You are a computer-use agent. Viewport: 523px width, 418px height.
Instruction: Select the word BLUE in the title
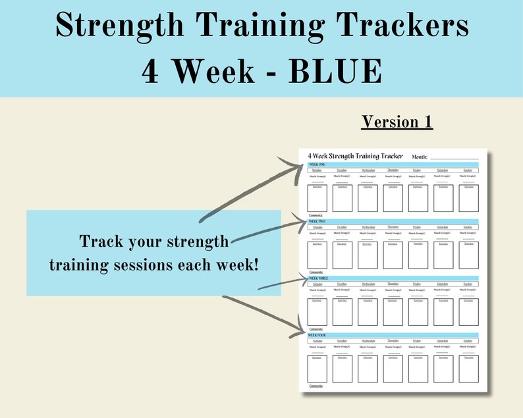click(x=336, y=71)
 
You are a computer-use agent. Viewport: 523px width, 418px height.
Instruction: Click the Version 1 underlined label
click(x=397, y=122)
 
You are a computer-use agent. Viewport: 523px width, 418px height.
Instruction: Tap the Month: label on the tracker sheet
click(x=420, y=157)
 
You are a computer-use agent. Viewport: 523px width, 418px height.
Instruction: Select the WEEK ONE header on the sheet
click(x=317, y=164)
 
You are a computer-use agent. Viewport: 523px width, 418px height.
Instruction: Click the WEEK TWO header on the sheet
click(x=317, y=221)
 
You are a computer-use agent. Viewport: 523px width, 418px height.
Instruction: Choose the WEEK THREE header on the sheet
click(x=319, y=278)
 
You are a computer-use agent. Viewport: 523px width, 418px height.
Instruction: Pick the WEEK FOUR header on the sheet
click(x=318, y=335)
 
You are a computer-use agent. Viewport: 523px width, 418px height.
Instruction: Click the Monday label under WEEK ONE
click(x=317, y=170)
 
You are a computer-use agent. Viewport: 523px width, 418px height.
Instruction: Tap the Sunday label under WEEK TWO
click(x=468, y=227)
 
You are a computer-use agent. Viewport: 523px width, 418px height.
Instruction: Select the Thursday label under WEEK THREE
click(x=393, y=284)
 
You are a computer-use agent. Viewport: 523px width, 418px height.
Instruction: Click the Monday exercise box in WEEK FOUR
click(x=317, y=369)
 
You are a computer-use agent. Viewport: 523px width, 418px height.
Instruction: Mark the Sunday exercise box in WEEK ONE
click(x=468, y=198)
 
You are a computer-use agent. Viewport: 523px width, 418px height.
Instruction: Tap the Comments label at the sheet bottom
click(x=316, y=386)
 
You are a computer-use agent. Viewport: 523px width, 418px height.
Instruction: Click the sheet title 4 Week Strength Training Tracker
click(x=355, y=156)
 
